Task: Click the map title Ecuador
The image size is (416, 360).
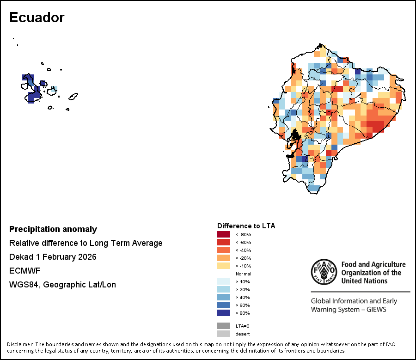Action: (37, 18)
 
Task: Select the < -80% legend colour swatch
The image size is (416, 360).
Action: (223, 234)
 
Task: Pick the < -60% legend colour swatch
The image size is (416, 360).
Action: (223, 242)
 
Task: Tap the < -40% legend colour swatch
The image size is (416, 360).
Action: (223, 250)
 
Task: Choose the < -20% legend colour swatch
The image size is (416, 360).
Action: (223, 258)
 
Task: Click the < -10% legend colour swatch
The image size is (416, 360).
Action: (223, 266)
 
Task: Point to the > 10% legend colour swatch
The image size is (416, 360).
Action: (223, 281)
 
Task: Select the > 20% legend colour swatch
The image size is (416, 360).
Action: (223, 289)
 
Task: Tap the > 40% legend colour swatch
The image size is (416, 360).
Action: (223, 297)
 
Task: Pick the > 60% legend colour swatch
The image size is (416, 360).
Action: (223, 305)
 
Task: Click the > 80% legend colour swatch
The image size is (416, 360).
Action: (223, 313)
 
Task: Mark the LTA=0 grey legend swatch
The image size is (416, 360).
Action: (223, 326)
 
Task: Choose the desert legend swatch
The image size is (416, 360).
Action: (223, 334)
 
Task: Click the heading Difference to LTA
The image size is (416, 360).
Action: (246, 226)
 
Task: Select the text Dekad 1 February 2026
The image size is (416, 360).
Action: (53, 257)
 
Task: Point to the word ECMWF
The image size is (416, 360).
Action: (22, 271)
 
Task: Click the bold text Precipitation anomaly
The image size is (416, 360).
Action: (53, 229)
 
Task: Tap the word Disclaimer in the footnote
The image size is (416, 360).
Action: (20, 345)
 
